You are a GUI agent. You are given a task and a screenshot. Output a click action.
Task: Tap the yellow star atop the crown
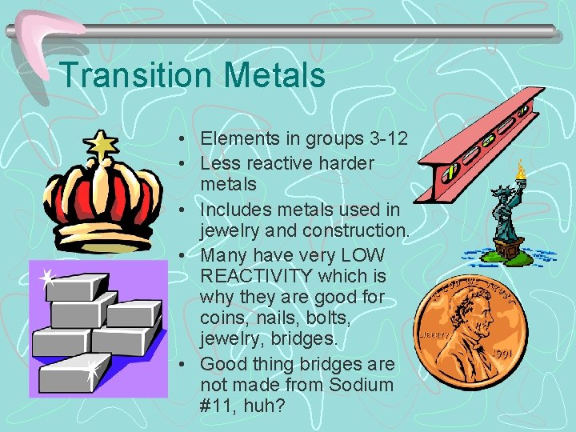point(102,145)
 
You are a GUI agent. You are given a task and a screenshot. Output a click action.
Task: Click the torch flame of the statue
point(521,168)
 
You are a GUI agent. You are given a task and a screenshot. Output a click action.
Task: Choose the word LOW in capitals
point(365,256)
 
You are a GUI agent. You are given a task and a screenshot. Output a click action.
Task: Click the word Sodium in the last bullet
point(363,385)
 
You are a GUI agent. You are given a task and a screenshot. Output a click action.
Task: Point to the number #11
point(216,406)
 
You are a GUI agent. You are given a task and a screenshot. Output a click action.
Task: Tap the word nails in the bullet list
point(274,318)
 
